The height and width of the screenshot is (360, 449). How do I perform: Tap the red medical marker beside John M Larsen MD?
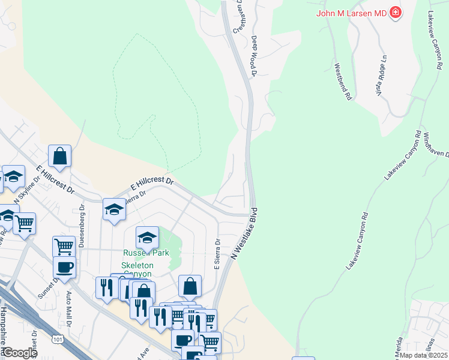395,12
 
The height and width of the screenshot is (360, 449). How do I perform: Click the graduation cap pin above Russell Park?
147,238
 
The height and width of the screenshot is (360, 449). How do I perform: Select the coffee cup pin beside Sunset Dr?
64,268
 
